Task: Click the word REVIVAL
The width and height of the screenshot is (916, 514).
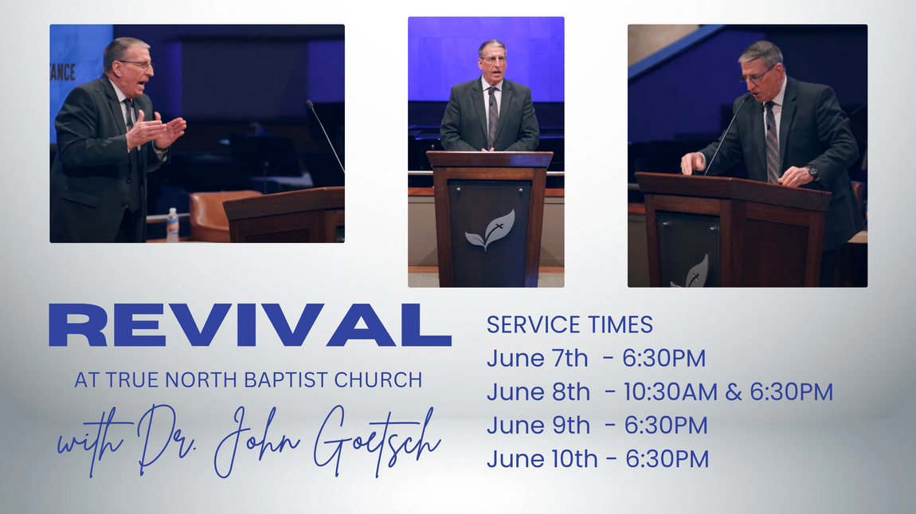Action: pos(250,325)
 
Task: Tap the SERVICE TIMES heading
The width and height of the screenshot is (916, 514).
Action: pos(570,324)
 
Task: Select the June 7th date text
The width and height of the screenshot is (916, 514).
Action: pos(537,358)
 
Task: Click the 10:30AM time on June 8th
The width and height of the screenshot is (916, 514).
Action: pos(670,392)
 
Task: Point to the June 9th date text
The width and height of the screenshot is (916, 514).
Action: pos(538,425)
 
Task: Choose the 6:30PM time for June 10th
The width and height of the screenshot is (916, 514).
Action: pos(667,459)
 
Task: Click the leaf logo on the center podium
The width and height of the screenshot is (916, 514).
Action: pos(490,230)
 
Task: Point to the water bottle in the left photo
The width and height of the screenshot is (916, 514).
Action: pos(172,225)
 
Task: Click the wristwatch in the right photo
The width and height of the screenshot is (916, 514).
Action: pos(812,171)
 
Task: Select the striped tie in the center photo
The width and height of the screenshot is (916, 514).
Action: pos(493,117)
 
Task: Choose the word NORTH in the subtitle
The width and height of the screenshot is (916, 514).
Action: pos(202,380)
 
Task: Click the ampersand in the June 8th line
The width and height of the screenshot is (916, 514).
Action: pos(733,392)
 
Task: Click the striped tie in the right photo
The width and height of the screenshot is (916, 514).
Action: pos(773,143)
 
